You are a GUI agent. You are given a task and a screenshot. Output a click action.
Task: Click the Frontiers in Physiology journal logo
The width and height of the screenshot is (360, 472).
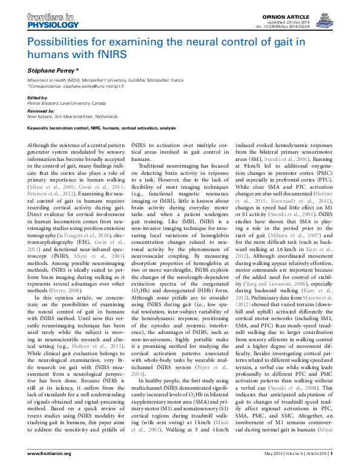53,22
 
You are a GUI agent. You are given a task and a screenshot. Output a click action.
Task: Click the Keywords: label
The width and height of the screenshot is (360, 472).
41,128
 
